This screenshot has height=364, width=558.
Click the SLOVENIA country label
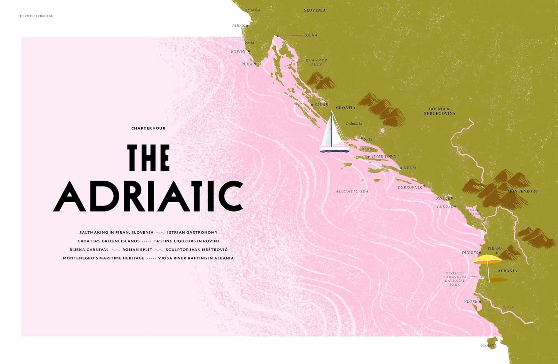coord(315,10)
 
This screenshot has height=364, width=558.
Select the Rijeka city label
coord(310,35)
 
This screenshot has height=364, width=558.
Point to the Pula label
coord(246,64)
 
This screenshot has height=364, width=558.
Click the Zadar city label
coord(321,105)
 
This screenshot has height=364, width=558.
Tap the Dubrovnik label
coord(410,188)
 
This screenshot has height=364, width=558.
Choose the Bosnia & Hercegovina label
coord(439,111)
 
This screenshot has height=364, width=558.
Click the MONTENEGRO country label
coord(522,191)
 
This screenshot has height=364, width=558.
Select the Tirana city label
coord(495,249)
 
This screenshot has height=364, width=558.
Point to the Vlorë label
coord(471,301)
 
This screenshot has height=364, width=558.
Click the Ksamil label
coord(488,345)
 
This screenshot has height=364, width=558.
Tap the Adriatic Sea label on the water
coord(352,191)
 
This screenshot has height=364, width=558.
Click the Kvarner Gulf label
coord(316,63)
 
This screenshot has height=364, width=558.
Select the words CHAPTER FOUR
coord(148,128)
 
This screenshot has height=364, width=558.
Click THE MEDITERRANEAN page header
coord(36,16)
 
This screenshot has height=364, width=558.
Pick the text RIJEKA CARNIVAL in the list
coord(89,250)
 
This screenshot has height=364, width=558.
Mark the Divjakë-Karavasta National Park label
coord(455,279)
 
